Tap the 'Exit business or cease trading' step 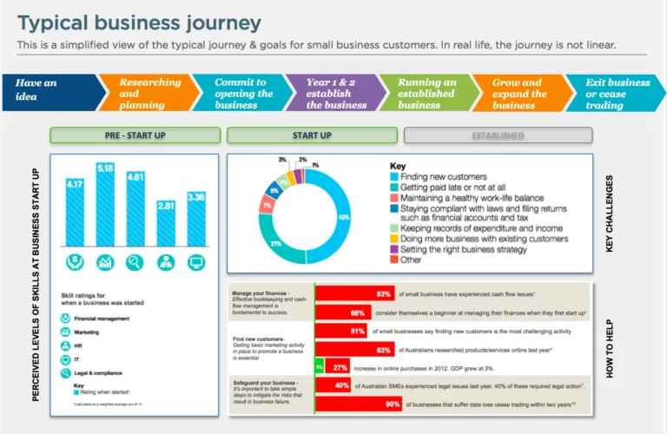(x=612, y=94)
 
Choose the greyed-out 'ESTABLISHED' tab (x=498, y=135)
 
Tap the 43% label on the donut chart (x=343, y=217)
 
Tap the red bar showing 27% (x=339, y=367)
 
